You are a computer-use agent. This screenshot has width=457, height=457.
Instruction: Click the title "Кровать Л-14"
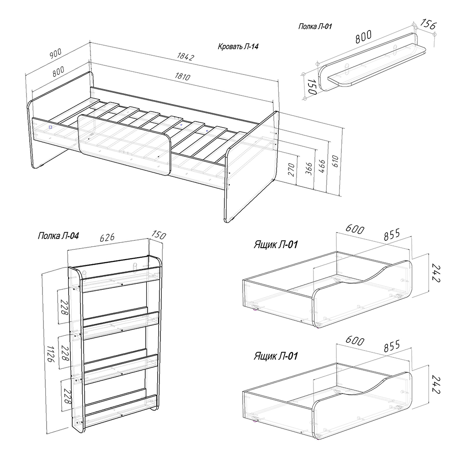point(238,46)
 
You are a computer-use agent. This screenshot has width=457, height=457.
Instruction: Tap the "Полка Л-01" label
point(315,26)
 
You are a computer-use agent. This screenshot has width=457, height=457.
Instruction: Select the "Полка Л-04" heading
point(58,235)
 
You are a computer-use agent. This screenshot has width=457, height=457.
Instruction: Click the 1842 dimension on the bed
point(186,56)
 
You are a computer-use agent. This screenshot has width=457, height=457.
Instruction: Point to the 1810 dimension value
point(182,76)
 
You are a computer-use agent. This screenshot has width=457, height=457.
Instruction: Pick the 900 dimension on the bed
point(55,53)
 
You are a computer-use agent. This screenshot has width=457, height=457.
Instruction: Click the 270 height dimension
point(292,170)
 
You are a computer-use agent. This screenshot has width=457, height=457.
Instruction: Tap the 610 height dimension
point(335,161)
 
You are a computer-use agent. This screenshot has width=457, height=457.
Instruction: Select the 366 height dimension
point(309,169)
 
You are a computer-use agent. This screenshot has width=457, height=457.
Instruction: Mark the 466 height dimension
point(322,166)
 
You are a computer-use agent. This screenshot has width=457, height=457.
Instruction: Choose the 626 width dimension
point(107,238)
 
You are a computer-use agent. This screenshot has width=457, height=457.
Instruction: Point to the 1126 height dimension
point(51,354)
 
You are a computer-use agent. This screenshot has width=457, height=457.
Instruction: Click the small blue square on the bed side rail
point(50,127)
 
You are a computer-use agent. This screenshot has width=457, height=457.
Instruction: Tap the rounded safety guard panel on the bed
point(124,145)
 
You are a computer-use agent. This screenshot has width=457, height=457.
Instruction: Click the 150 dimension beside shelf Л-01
point(312,86)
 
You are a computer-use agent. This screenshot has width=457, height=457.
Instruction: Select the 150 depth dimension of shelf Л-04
point(159,235)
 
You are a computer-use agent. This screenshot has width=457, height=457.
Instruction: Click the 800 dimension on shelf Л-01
point(363,37)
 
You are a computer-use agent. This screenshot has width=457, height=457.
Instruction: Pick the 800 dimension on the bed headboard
point(58,71)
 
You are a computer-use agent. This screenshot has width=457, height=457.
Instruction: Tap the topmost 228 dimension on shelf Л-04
point(64,307)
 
